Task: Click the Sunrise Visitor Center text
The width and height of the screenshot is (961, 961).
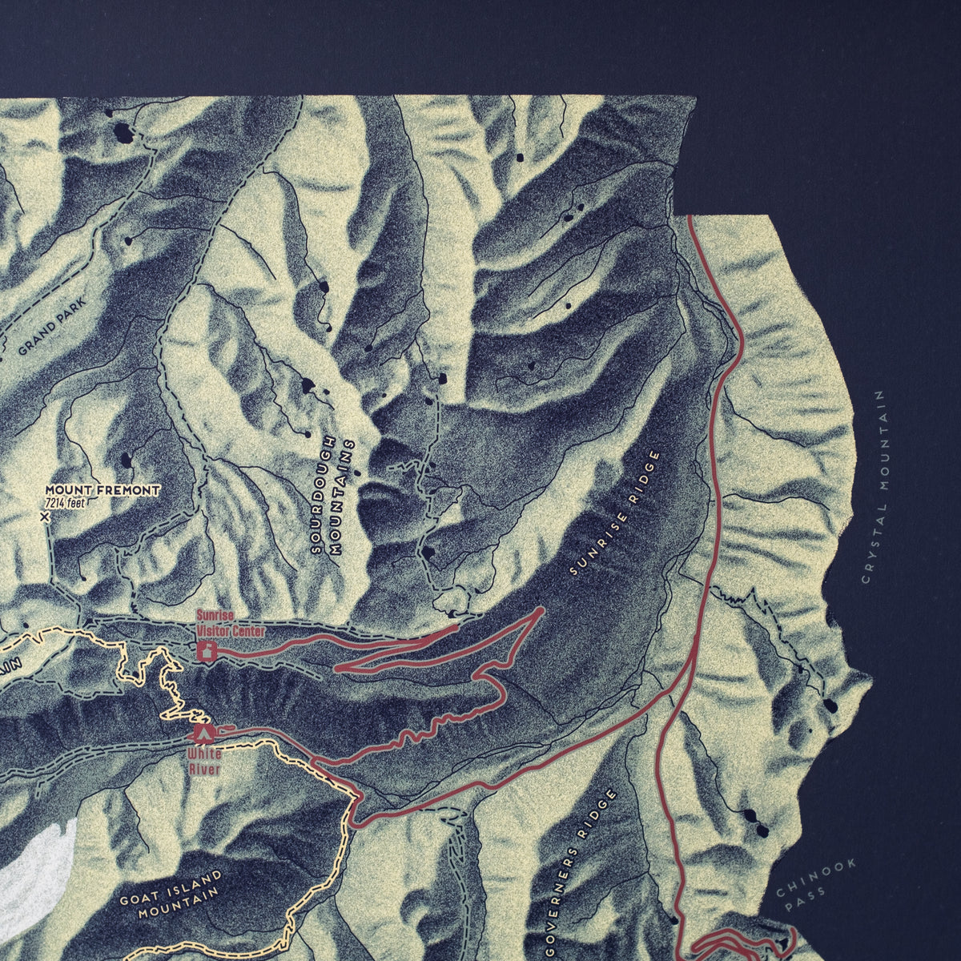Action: [x=231, y=623]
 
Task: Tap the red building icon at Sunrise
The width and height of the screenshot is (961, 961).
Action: [x=207, y=652]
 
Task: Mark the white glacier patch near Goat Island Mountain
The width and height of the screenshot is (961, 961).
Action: [x=36, y=873]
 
